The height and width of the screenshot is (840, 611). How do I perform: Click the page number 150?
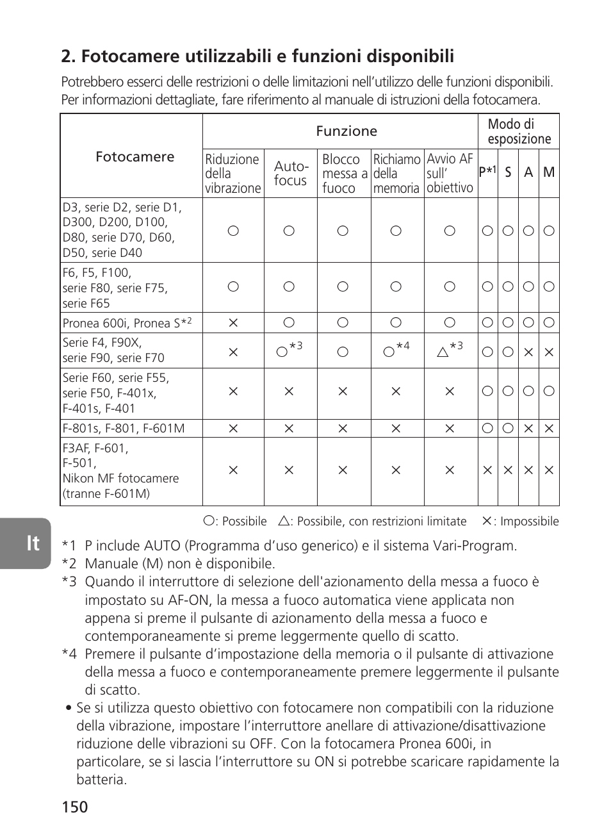pos(75,807)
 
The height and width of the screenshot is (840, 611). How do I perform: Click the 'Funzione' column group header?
pos(346,131)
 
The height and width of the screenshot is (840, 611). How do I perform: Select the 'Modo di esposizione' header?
pos(519,131)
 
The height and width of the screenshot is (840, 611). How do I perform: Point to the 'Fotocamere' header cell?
pos(134,157)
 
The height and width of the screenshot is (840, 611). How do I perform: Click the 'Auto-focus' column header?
pos(291,174)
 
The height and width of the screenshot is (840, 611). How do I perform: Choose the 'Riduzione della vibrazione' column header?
pos(233,174)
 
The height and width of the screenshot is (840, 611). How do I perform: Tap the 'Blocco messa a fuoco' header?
pos(344,174)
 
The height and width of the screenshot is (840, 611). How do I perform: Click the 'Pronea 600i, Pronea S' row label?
pos(127,323)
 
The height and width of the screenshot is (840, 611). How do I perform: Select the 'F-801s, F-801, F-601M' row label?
pos(124,428)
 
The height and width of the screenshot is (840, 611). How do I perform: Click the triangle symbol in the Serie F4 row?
pos(443,352)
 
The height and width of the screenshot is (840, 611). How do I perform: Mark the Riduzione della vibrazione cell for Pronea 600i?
pos(233,323)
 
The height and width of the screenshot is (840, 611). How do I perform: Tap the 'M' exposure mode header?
pos(549,172)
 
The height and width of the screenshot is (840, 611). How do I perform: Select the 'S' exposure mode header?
pos(508,172)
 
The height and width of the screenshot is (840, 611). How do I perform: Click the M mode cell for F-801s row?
pos(549,428)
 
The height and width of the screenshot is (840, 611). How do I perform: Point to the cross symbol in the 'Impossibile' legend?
pos(487,521)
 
